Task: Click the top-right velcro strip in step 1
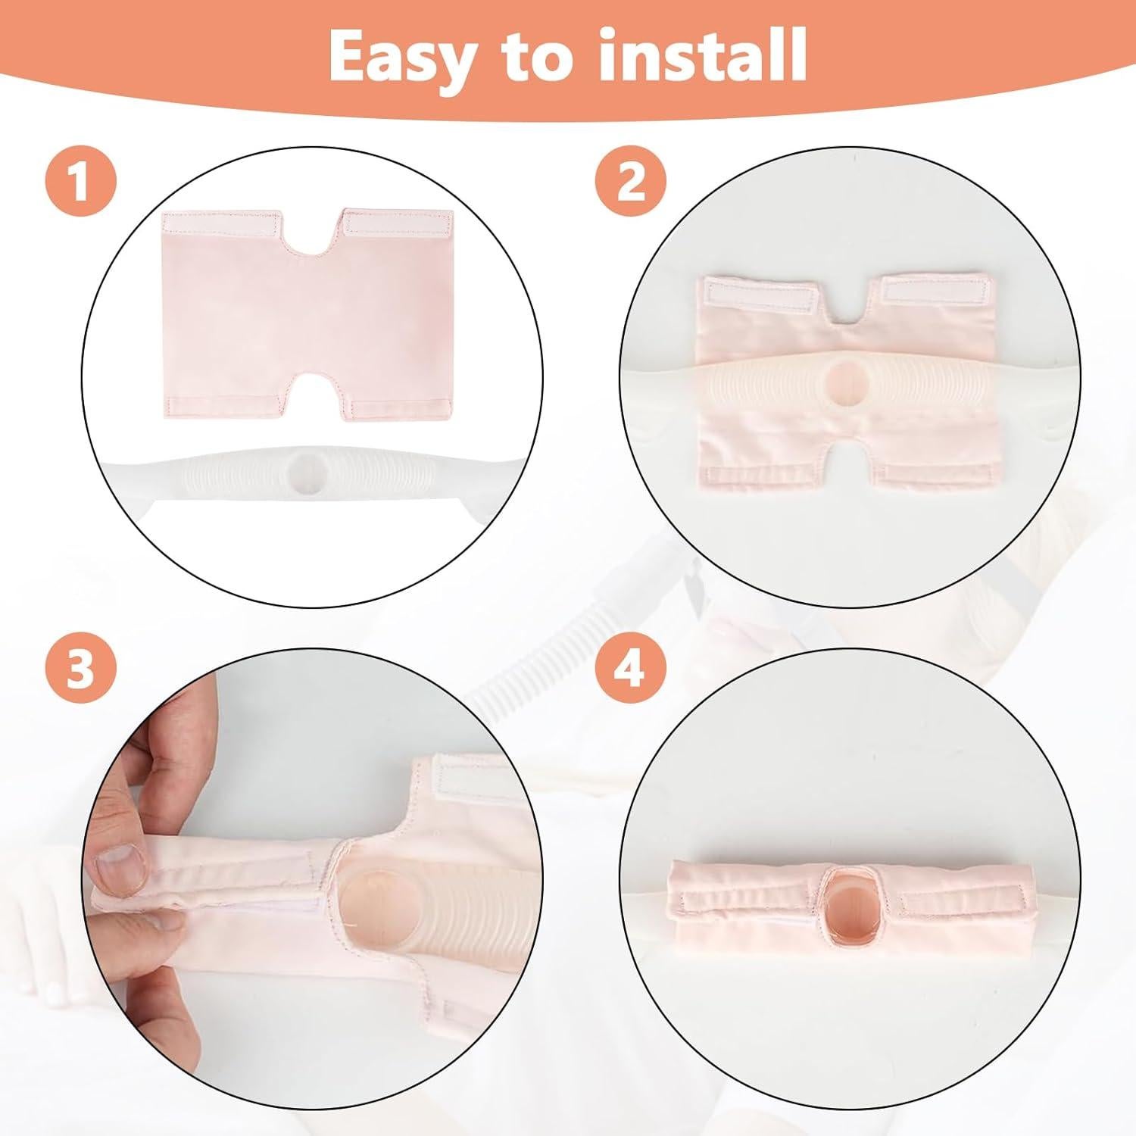click(x=398, y=221)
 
